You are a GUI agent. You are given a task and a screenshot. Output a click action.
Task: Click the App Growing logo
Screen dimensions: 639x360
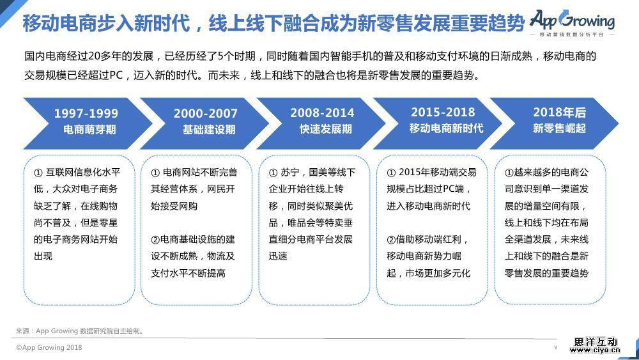tap(572, 23)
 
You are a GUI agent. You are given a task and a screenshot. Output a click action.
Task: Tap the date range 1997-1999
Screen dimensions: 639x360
tap(86, 113)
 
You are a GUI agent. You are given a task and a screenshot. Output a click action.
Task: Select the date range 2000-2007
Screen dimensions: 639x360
tap(205, 113)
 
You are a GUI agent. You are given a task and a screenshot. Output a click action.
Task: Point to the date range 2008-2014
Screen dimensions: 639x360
tap(322, 113)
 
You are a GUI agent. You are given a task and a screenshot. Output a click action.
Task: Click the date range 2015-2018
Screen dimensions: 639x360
tap(443, 112)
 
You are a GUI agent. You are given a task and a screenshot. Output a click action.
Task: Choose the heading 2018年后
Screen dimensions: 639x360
tap(560, 112)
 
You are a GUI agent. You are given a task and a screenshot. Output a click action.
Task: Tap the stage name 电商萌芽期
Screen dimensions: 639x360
tap(89, 130)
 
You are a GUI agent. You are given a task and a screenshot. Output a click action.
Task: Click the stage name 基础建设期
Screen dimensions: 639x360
tap(209, 130)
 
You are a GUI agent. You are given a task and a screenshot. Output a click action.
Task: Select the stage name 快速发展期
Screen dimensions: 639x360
tap(326, 129)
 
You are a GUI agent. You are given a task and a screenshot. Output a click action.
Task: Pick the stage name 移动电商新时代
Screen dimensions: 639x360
tap(446, 129)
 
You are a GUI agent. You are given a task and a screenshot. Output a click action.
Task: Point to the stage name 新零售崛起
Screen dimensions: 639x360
tap(560, 129)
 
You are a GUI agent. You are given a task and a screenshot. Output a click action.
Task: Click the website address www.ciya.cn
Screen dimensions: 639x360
tap(595, 350)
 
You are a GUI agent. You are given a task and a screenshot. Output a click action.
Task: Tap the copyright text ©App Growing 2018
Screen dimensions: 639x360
tap(49, 347)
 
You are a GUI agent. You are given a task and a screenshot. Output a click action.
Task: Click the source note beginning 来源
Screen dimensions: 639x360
tap(80, 331)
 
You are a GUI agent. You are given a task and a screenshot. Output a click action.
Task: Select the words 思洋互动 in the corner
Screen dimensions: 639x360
tap(596, 341)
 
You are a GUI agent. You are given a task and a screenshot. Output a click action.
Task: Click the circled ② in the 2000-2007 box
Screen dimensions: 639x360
tap(155, 240)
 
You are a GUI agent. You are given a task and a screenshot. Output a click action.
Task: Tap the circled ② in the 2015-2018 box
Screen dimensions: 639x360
tap(391, 240)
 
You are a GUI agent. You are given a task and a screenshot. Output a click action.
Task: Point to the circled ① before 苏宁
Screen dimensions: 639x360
tap(273, 173)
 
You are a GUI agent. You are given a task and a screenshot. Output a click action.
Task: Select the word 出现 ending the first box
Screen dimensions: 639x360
tap(43, 256)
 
